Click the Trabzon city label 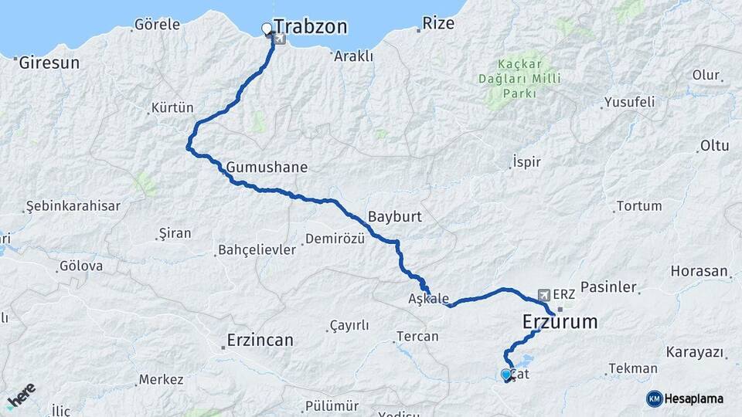coord(311,28)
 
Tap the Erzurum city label coord(560,321)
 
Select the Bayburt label coord(395,217)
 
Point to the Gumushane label coord(267,168)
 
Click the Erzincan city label coord(260,340)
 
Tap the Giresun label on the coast coord(50,63)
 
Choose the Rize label coord(439,24)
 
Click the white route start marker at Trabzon coord(267,29)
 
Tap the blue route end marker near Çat coord(505,374)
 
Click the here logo coord(22,395)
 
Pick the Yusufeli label coord(629,102)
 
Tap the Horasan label coord(699,272)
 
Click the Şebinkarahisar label coord(73,206)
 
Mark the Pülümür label coord(332,405)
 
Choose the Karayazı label coord(696,353)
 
